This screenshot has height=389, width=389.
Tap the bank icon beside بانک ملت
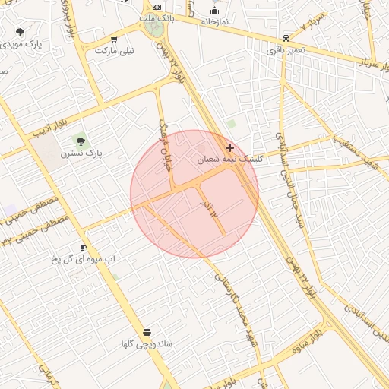coord(157,6)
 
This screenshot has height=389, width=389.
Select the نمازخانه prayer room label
coord(216,23)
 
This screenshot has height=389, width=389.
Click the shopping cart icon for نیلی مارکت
coord(114,40)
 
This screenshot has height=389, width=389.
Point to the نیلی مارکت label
coord(114,51)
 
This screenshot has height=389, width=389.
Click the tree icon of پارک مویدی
coord(20,32)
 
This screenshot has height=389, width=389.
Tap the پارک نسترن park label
coord(84,153)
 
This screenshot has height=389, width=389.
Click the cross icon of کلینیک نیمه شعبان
coord(229,147)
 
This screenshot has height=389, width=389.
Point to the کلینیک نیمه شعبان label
coord(229,160)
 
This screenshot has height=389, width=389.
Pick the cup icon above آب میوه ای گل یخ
coord(84,247)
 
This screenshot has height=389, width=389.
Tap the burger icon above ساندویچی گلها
coord(146,332)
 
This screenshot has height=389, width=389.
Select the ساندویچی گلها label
coord(146,344)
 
